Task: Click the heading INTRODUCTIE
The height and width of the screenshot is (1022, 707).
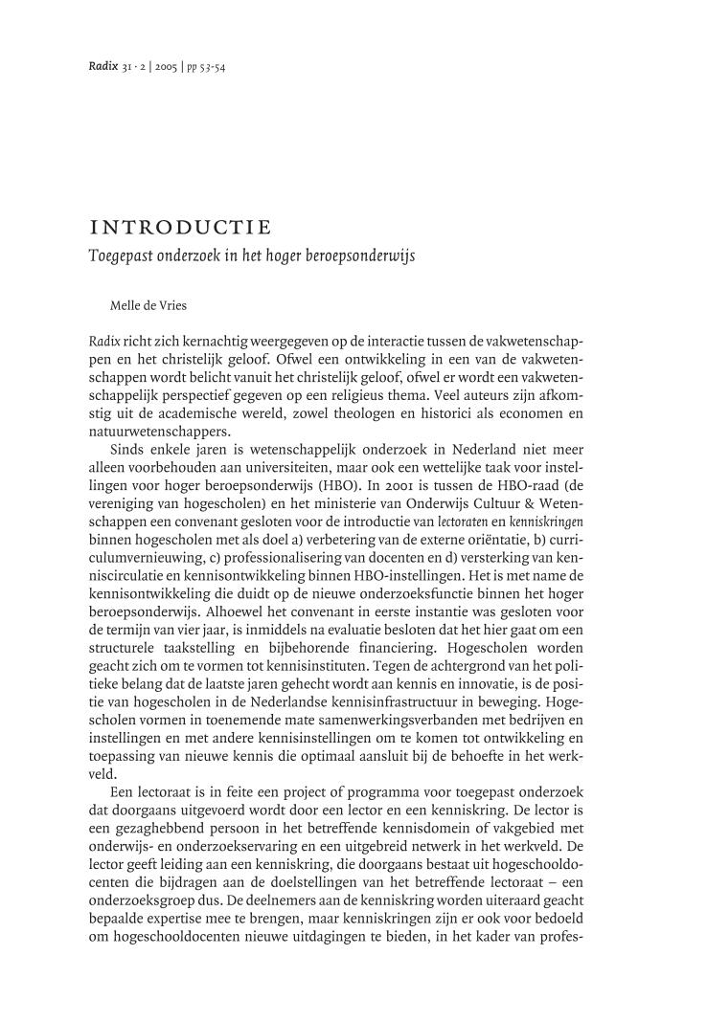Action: tap(179, 228)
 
